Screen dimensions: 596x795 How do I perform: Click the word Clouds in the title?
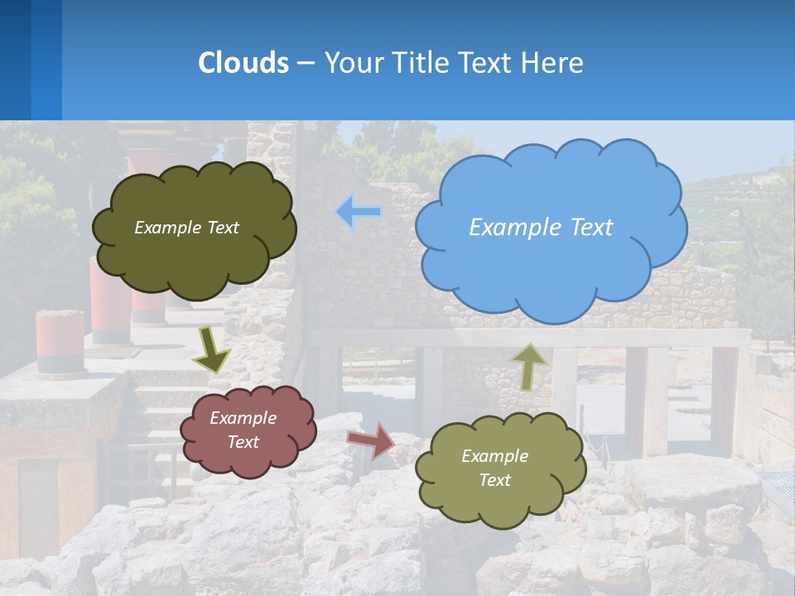[x=243, y=63]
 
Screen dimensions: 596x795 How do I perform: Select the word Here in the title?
[x=556, y=63]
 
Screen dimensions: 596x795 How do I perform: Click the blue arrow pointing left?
[x=359, y=212]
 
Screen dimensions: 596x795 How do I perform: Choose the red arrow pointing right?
[x=371, y=440]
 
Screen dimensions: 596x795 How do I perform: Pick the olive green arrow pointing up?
[x=529, y=366]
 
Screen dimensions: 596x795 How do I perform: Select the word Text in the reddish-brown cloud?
[x=243, y=442]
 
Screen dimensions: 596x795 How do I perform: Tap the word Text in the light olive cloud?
[x=495, y=480]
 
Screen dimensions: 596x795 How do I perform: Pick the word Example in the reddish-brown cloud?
[x=243, y=418]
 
